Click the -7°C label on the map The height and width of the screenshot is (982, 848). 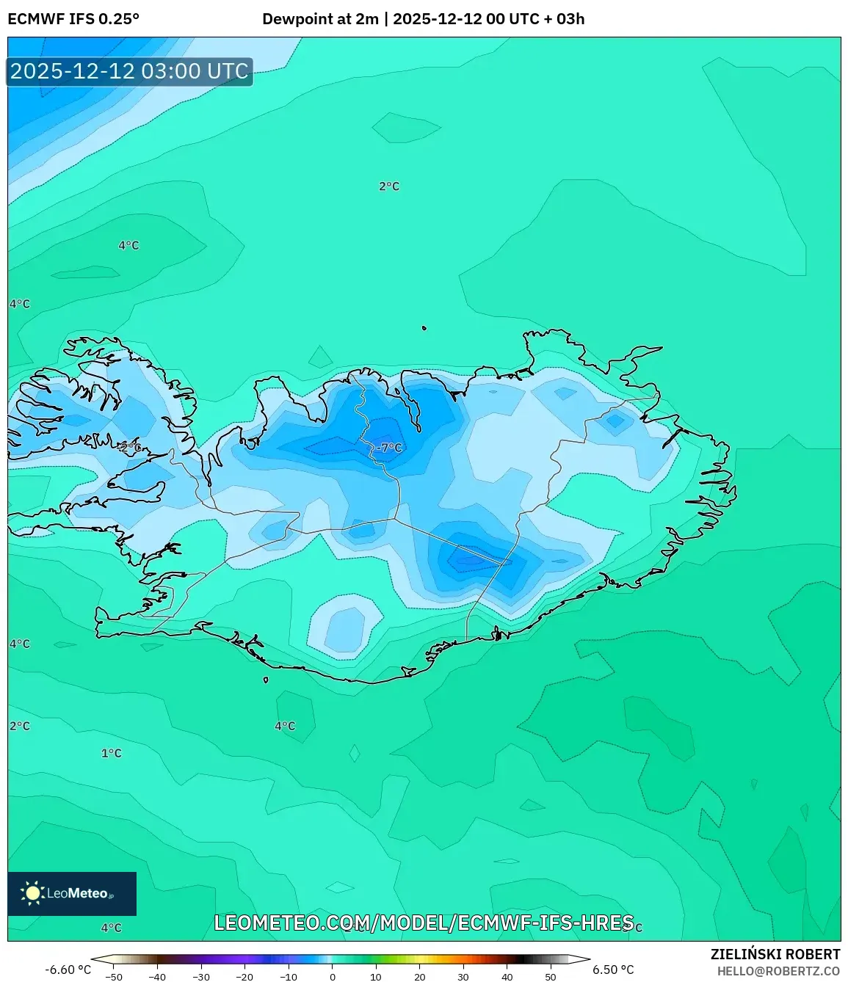point(390,447)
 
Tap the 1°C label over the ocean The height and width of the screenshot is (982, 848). point(111,753)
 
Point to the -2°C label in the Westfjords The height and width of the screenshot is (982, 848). point(129,446)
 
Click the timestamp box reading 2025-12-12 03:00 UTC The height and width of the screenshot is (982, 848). point(129,71)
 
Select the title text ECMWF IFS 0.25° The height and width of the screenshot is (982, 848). point(73,19)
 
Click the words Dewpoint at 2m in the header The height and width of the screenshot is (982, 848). point(320,19)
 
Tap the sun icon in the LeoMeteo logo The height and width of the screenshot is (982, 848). point(32,893)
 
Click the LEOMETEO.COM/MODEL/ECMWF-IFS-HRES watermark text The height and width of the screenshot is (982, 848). point(424,923)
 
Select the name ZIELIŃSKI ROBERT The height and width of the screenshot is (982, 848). point(775,954)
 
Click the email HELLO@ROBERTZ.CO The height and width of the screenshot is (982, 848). point(778,971)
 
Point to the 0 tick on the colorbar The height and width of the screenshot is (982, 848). point(333,976)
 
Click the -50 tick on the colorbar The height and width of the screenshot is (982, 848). point(114,976)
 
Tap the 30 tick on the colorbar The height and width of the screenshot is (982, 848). point(463,976)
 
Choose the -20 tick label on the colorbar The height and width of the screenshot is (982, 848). point(244,976)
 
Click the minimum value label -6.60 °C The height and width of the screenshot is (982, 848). point(68,970)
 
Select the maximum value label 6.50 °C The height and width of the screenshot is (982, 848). point(613,970)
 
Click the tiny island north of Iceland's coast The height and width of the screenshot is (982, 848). point(424,328)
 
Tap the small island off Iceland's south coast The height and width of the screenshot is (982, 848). point(266,680)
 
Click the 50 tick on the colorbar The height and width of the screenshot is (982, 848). point(551,976)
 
